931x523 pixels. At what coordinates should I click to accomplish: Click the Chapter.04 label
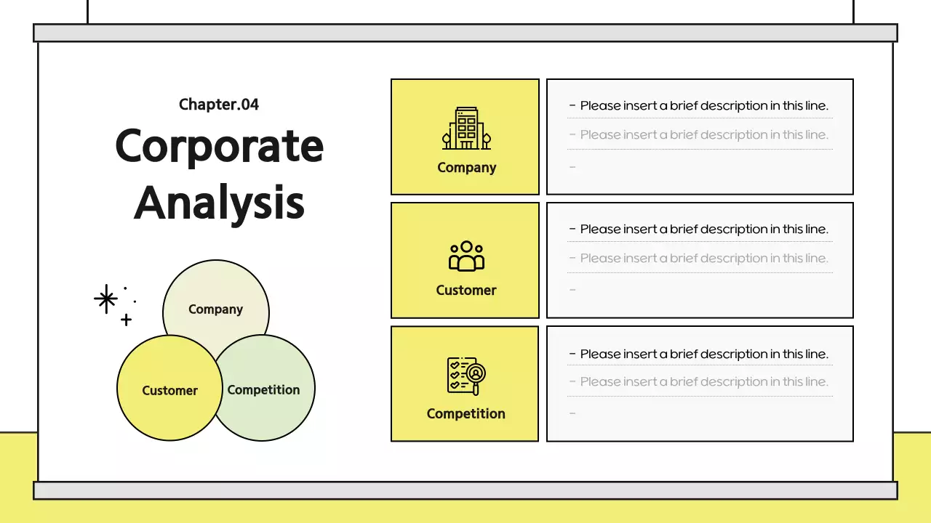pos(219,105)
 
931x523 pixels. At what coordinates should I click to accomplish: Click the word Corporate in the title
pos(219,145)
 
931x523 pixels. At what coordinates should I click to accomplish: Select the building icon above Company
pos(466,129)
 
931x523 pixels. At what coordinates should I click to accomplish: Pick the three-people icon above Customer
pos(466,256)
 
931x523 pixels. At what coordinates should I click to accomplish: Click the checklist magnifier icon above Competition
pos(466,376)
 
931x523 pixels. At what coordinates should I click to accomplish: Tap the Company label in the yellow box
pos(466,168)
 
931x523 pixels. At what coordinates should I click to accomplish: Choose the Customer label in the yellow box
pos(466,291)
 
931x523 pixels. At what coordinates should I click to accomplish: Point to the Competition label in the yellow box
pos(465,414)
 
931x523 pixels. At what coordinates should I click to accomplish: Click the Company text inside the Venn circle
pos(215,309)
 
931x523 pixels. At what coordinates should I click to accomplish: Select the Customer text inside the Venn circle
pos(169,391)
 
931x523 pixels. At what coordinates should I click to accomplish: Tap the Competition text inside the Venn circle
pos(263,390)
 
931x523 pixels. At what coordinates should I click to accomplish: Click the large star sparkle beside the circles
pos(106,299)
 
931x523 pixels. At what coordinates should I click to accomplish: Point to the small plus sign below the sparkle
pos(126,319)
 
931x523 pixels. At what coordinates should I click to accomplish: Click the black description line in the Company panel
pos(703,106)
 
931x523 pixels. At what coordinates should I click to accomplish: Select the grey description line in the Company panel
pos(703,135)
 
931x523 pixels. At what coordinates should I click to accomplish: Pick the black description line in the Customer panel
pos(703,230)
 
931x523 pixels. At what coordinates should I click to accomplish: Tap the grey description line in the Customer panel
pos(703,259)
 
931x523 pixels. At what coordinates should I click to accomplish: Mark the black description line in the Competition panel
pos(703,354)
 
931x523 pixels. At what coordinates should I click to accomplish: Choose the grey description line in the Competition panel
pos(703,382)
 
